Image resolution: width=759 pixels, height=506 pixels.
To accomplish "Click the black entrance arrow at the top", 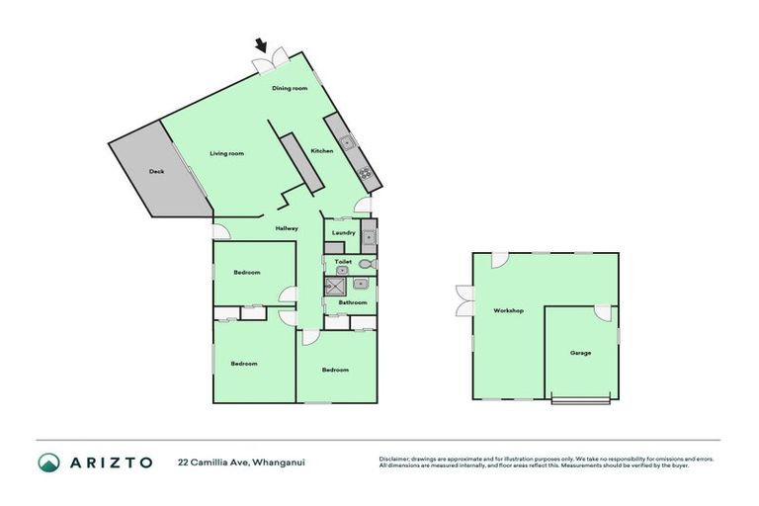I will [262, 44].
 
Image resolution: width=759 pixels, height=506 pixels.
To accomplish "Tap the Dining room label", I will [290, 88].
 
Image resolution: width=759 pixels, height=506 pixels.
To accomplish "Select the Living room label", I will [226, 153].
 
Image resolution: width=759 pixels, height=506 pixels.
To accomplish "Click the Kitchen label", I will [322, 150].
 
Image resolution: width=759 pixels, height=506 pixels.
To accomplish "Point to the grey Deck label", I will [156, 172].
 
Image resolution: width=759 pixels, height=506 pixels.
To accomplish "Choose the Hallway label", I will [287, 228].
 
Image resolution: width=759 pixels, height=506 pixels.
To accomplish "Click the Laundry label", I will [343, 232].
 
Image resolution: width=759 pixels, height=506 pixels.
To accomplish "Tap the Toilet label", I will [343, 262].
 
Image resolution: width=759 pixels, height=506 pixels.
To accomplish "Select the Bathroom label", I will [354, 302].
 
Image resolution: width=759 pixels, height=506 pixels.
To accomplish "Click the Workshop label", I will [508, 310].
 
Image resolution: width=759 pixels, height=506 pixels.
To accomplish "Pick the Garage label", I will [580, 352].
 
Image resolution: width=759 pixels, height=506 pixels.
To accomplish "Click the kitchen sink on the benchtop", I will [348, 143].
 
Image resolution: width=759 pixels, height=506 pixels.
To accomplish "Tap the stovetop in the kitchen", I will [366, 175].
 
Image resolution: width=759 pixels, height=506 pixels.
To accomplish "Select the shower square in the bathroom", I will [333, 285].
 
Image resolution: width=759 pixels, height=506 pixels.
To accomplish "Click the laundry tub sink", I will [369, 236].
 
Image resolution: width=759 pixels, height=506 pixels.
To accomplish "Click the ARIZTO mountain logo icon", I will [48, 463].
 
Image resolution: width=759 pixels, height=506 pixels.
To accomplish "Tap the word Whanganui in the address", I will [279, 462].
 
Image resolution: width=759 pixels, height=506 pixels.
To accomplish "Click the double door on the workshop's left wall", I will [464, 300].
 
